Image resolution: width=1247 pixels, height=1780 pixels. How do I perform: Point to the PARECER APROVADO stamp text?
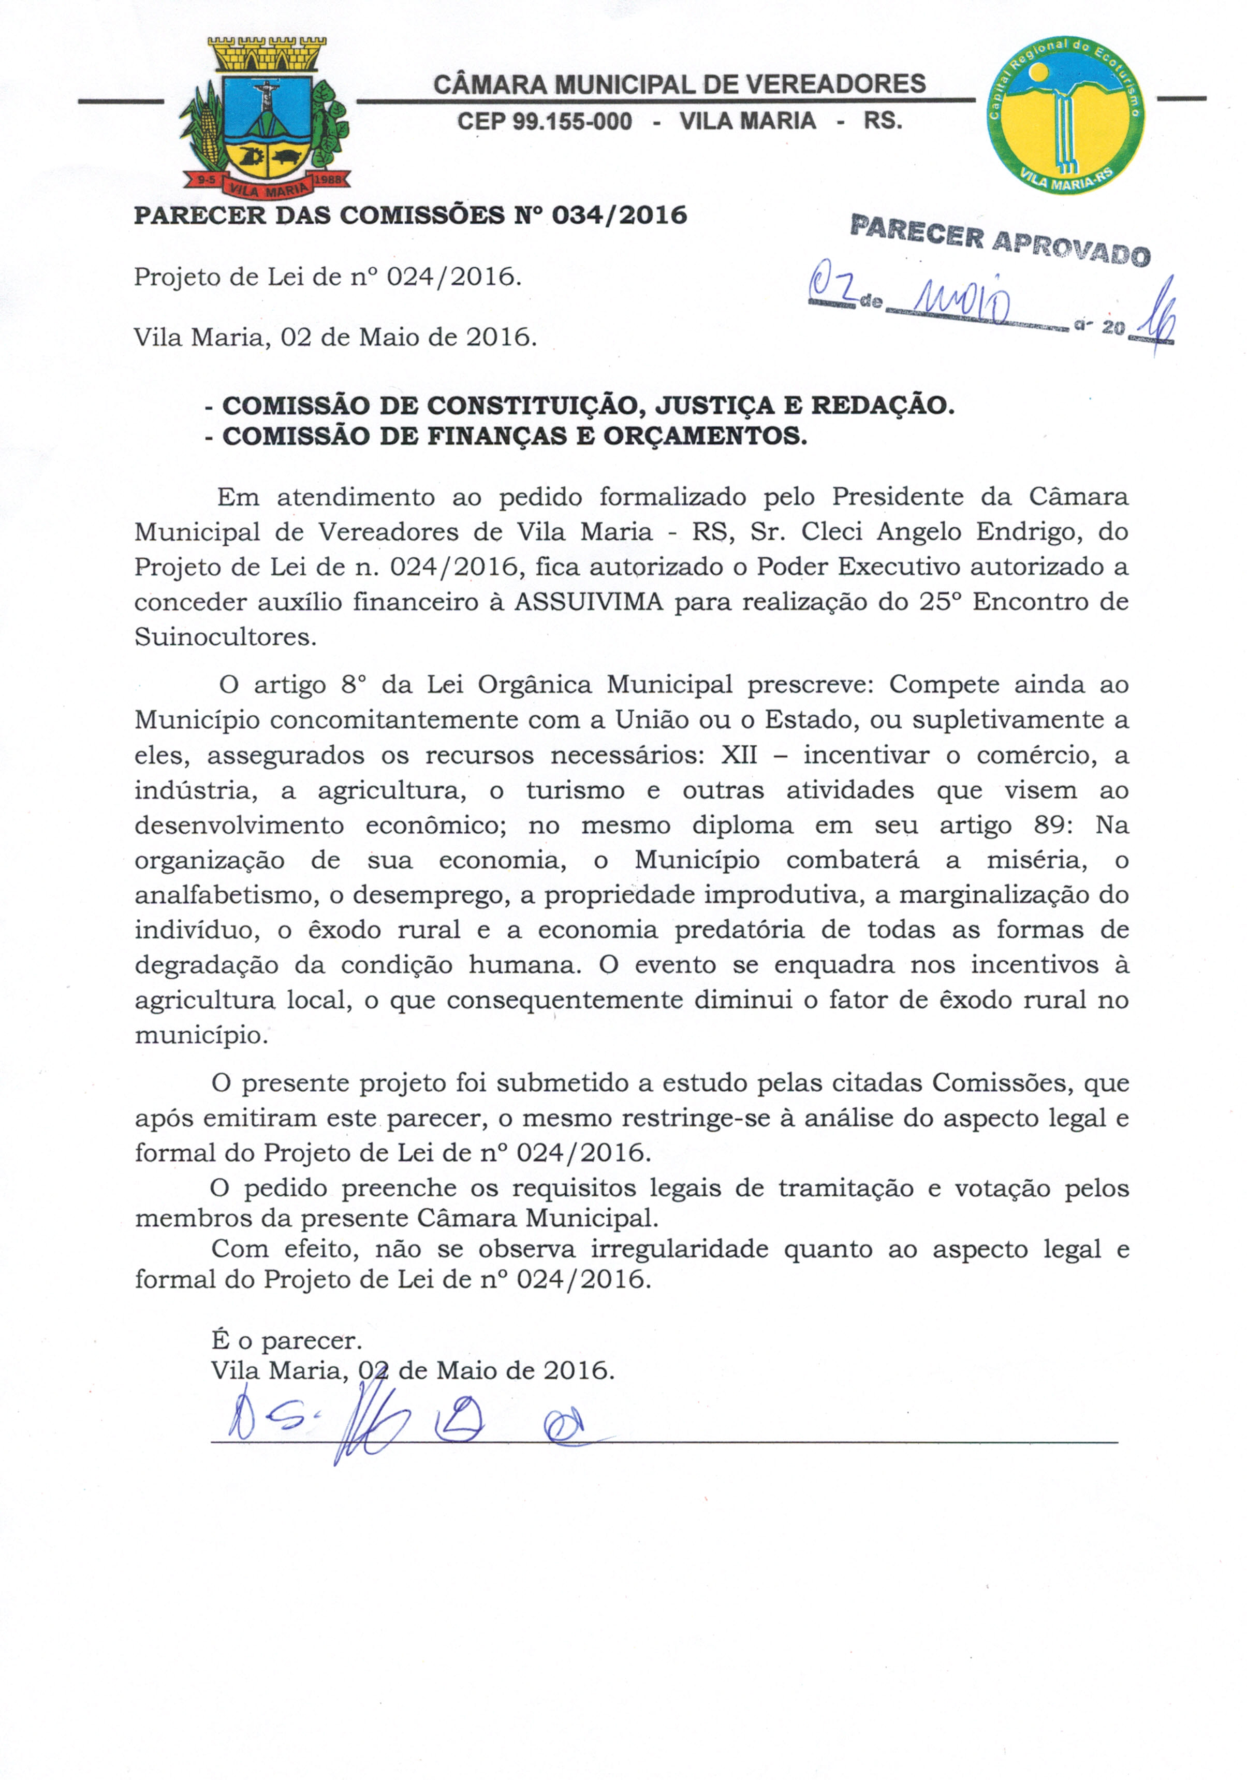(1000, 240)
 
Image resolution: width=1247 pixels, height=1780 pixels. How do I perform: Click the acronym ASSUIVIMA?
(589, 602)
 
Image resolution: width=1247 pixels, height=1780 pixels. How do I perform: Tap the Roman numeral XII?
(739, 755)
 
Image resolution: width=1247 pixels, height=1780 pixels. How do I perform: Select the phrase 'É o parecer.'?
(286, 1340)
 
